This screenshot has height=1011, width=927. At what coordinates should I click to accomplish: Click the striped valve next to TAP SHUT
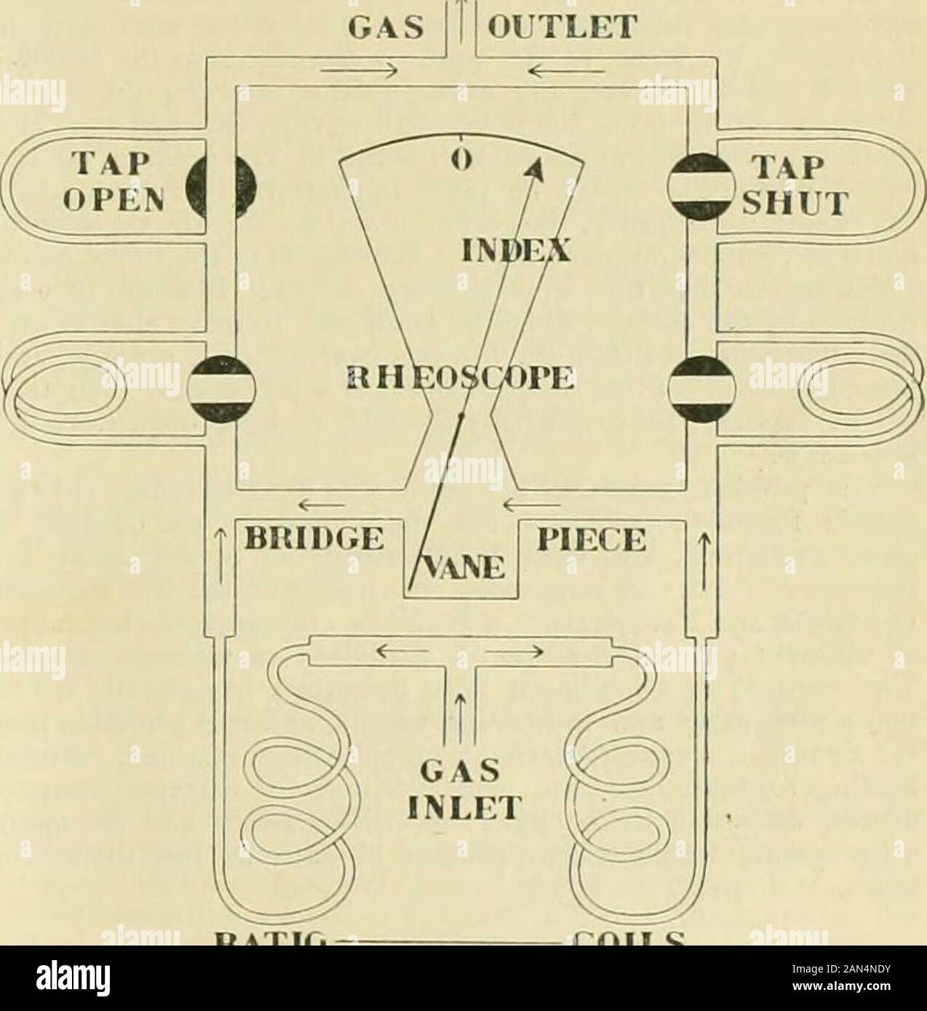pos(691,188)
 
